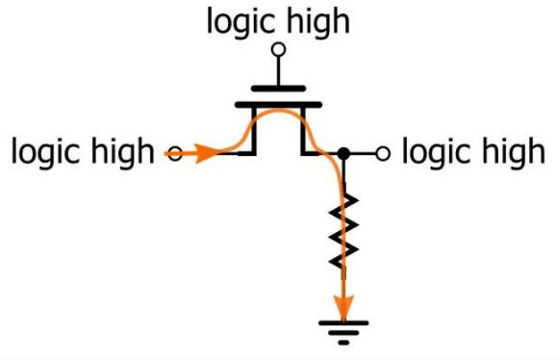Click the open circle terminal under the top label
pyautogui.click(x=279, y=49)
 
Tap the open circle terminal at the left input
pyautogui.click(x=175, y=153)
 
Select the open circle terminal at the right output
pyautogui.click(x=383, y=153)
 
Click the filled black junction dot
pyautogui.click(x=343, y=153)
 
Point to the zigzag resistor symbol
pyautogui.click(x=343, y=231)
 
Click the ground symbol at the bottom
pyautogui.click(x=343, y=333)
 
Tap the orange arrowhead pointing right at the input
pyautogui.click(x=206, y=153)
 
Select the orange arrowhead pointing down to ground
pyautogui.click(x=343, y=307)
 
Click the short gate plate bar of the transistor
pyautogui.click(x=279, y=89)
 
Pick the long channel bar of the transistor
pyautogui.click(x=279, y=105)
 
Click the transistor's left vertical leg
pyautogui.click(x=254, y=131)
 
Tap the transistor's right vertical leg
pyautogui.click(x=303, y=131)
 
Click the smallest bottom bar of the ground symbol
pyautogui.click(x=343, y=343)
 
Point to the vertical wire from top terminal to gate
pyautogui.click(x=279, y=71)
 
